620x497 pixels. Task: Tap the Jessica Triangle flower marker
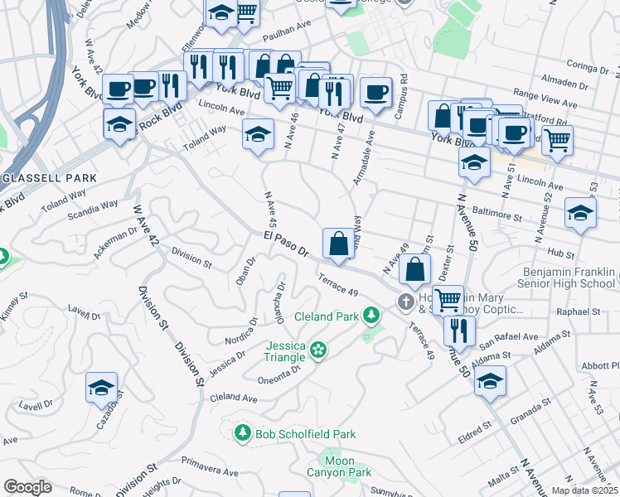[318, 351]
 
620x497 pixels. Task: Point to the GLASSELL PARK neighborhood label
[50, 178]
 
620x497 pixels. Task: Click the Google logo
[27, 487]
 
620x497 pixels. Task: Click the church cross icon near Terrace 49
[406, 302]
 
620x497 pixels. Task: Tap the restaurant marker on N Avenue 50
[458, 331]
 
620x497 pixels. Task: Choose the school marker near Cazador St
[101, 387]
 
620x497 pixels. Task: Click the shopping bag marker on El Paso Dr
[338, 244]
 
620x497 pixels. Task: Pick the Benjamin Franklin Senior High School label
[569, 277]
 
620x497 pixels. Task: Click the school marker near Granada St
[490, 380]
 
